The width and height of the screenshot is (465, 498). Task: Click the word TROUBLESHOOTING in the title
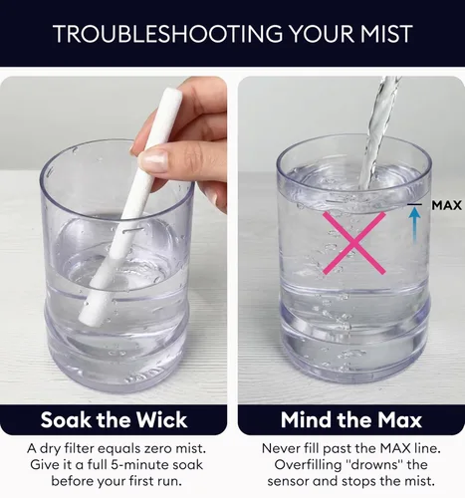pyautogui.click(x=168, y=34)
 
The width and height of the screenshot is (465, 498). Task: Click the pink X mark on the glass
pyautogui.click(x=354, y=243)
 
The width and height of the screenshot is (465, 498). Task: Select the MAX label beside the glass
pyautogui.click(x=447, y=205)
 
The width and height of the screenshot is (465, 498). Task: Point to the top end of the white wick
pyautogui.click(x=173, y=94)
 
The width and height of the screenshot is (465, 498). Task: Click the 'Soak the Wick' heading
pyautogui.click(x=114, y=419)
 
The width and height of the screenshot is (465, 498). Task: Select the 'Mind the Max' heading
pyautogui.click(x=351, y=419)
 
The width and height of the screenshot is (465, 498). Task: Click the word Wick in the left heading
pyautogui.click(x=161, y=419)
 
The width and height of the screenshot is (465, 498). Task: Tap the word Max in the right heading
pyautogui.click(x=399, y=419)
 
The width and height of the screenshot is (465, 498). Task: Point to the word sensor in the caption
pyautogui.click(x=289, y=481)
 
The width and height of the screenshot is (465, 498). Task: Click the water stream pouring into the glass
pyautogui.click(x=377, y=132)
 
